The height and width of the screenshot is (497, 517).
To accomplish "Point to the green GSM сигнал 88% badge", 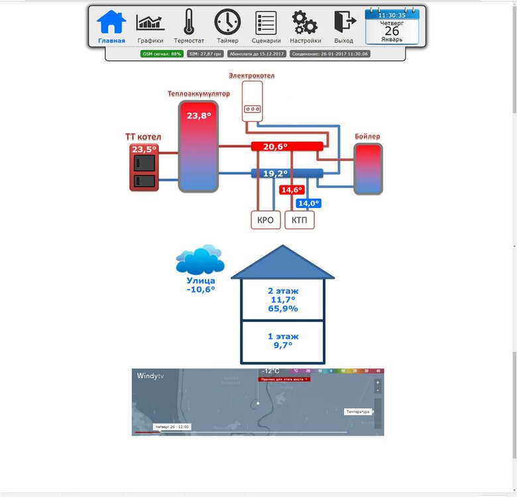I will coord(162,54).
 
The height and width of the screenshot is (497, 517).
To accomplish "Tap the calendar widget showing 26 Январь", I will coord(392,27).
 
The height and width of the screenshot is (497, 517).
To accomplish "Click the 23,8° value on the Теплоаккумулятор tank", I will coord(199,116).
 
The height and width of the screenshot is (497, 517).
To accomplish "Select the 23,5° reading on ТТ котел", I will coord(144,149).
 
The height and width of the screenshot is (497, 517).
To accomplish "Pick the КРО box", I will coord(266,220).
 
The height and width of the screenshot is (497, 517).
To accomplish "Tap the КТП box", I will coord(300,220).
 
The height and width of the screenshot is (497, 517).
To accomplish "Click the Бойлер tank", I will coord(368,169).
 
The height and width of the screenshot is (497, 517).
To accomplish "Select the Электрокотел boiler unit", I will coord(253,101).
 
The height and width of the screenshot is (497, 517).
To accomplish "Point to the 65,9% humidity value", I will coord(283,309).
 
